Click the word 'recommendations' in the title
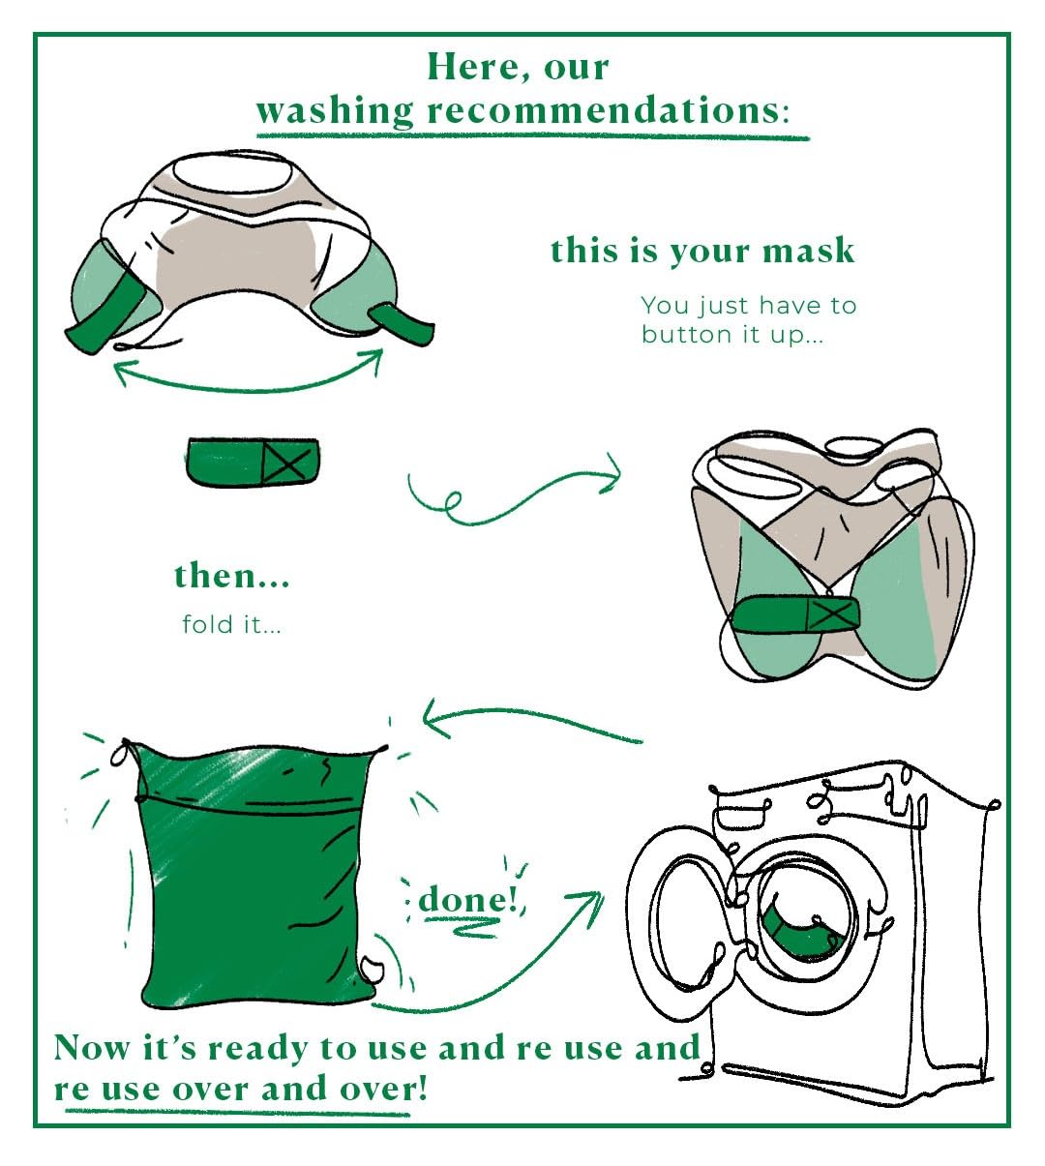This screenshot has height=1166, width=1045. (604, 110)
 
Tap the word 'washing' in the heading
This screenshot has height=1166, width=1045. (335, 111)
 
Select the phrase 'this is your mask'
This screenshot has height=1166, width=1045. (702, 252)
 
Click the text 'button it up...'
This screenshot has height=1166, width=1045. (732, 335)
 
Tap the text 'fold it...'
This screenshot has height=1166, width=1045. (231, 624)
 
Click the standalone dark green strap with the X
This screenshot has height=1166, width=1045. (253, 463)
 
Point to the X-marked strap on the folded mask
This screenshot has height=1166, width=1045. (797, 615)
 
